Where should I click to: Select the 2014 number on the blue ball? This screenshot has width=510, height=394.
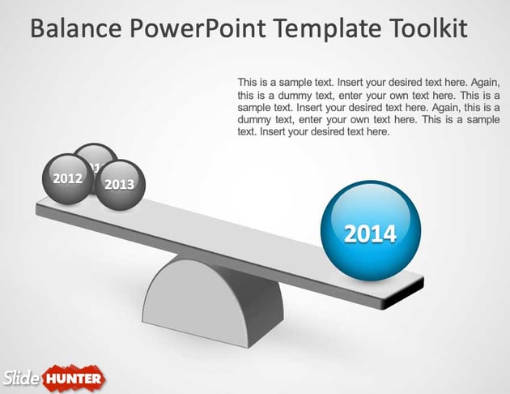pos(370,234)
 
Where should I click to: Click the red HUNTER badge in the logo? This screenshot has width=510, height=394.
pos(74,378)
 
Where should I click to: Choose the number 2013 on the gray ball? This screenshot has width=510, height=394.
pos(120,185)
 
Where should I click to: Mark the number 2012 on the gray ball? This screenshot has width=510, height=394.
pos(67,178)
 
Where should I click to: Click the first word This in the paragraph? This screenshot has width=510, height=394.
pos(249,83)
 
